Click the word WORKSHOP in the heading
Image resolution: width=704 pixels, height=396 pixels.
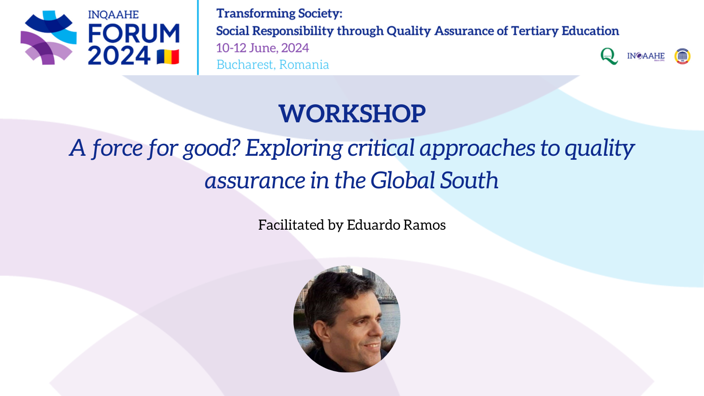[352, 114]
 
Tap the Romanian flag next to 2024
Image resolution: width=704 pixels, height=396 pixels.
[168, 57]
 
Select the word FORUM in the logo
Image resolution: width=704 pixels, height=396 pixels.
[134, 33]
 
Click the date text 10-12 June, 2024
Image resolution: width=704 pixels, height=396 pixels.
[262, 48]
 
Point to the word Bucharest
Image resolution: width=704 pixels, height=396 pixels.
[245, 65]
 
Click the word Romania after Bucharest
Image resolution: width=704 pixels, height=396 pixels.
[304, 65]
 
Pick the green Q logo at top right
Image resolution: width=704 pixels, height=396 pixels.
[609, 56]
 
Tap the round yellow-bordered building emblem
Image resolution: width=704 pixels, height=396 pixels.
[682, 56]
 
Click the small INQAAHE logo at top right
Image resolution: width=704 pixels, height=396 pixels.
[646, 56]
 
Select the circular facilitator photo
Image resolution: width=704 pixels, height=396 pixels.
[347, 319]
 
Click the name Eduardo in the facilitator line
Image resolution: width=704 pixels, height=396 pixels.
[374, 225]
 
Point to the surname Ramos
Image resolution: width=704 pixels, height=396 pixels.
[425, 225]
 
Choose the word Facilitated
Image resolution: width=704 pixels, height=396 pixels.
[291, 225]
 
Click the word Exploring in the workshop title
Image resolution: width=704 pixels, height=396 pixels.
[294, 149]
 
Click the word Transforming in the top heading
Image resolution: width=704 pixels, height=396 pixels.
[255, 14]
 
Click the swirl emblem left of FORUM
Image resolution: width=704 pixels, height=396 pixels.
[48, 37]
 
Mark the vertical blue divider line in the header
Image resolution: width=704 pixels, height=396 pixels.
[198, 37]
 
